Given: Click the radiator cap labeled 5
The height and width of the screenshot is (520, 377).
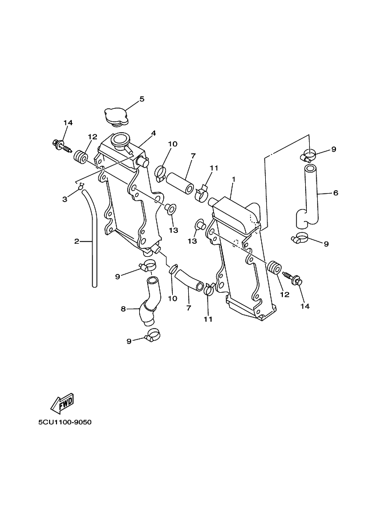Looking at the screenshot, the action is (x=116, y=117).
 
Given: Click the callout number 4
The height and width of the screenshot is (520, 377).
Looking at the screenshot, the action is (x=153, y=133).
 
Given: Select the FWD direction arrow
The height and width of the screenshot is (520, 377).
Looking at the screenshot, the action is (x=62, y=403).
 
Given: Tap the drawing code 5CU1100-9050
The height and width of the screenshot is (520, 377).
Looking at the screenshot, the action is (x=65, y=423).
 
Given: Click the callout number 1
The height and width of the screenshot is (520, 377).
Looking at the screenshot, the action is (x=233, y=179).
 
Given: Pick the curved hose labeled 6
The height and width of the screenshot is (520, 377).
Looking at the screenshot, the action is (x=308, y=198).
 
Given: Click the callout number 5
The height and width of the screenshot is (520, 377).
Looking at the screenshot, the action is (x=142, y=99).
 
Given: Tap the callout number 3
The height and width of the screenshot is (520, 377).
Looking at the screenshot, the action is (x=65, y=199).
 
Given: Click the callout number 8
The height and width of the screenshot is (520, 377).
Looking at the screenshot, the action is (x=123, y=309).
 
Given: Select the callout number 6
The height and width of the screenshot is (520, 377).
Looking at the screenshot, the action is (x=335, y=193).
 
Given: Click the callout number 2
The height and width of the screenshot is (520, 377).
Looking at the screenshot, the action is (x=77, y=241).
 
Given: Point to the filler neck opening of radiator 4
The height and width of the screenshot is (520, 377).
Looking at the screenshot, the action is (x=120, y=138).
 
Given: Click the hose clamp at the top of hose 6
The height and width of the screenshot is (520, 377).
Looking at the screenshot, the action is (x=308, y=155).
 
